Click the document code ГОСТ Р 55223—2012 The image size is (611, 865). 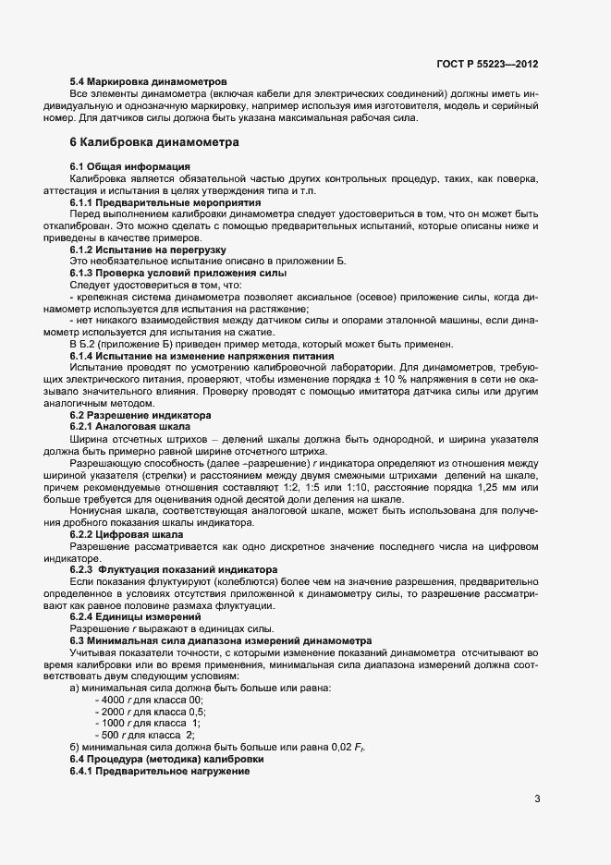tap(486, 64)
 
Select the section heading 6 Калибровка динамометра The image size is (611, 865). tap(154, 142)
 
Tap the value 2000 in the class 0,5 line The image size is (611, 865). tap(112, 712)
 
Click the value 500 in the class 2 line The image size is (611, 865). tap(109, 735)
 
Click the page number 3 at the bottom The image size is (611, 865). tap(536, 799)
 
